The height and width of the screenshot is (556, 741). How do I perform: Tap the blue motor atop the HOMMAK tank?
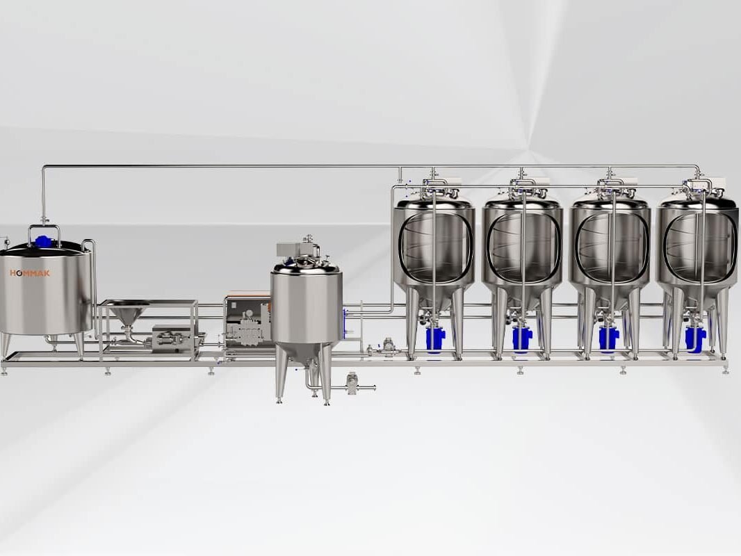44,240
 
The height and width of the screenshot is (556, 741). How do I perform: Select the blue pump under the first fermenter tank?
434,338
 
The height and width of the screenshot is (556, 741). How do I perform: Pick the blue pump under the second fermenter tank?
522,338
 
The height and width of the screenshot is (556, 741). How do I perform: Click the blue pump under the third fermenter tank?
608,338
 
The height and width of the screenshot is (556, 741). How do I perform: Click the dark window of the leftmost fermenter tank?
434,247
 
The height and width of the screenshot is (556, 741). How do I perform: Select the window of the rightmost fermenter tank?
696,247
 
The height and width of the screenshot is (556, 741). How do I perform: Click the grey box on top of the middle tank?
291,250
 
